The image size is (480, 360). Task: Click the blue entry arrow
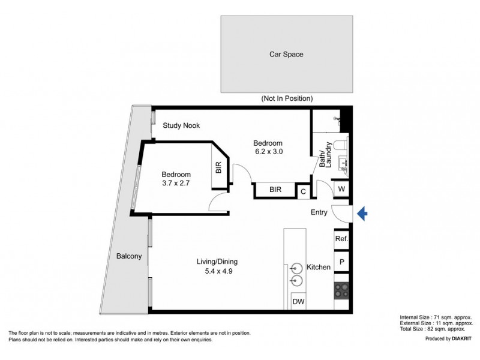(x=362, y=213)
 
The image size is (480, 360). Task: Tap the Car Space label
(x=286, y=54)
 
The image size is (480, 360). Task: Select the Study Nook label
(x=181, y=125)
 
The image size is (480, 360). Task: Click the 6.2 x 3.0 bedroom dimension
(x=268, y=152)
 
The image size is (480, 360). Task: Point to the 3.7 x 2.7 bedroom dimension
(x=176, y=184)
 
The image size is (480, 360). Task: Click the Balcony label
(x=129, y=256)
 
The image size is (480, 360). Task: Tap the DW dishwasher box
(x=298, y=302)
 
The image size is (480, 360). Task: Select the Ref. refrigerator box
(x=341, y=239)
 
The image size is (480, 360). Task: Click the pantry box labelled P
(x=341, y=262)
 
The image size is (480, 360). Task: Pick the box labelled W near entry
(x=341, y=189)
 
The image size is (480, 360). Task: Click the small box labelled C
(x=303, y=191)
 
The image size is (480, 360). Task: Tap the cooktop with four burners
(x=341, y=290)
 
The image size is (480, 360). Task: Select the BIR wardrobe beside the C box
(x=275, y=190)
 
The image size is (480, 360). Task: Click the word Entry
(x=319, y=212)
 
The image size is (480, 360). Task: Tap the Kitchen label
(x=319, y=267)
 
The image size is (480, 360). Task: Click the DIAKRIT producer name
(x=459, y=339)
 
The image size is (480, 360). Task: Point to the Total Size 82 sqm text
(x=436, y=328)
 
